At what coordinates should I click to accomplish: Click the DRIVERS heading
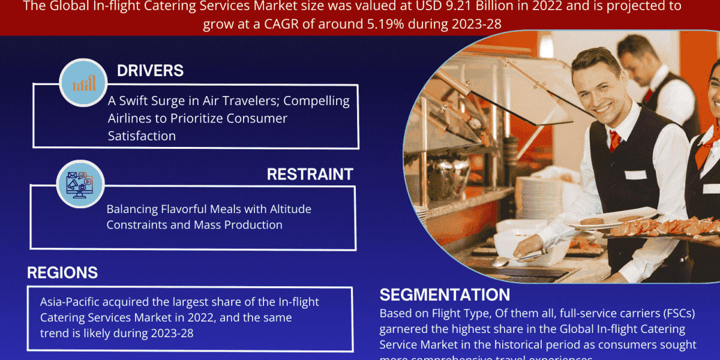pos(150,70)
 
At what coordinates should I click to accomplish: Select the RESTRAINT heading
pos(310,174)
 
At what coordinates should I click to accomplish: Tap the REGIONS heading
pos(62,273)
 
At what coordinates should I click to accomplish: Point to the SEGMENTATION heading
pos(445,295)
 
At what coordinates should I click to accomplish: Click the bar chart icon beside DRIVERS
pos(83,82)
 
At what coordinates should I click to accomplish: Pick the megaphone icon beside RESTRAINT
pos(80,184)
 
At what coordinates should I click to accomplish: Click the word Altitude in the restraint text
pos(287,209)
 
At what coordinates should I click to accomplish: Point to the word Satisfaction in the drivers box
pos(142,136)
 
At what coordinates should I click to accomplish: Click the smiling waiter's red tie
pos(614,140)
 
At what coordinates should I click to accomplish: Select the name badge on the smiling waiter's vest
pos(635,175)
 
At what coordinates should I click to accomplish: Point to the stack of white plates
pos(538,198)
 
